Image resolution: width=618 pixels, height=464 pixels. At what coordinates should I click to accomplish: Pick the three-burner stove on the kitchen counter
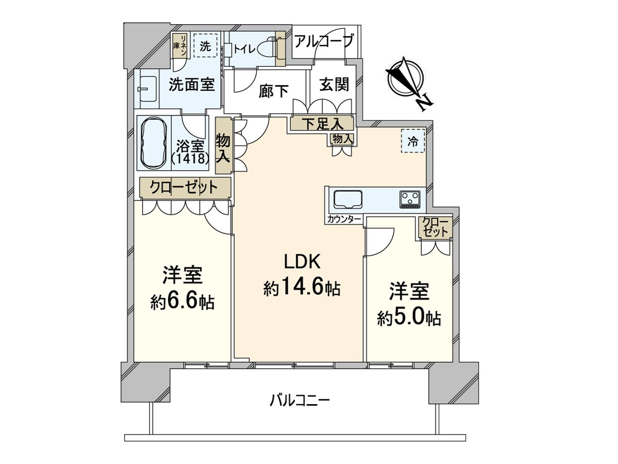410,199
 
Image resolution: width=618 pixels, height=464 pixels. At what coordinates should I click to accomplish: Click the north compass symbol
407,82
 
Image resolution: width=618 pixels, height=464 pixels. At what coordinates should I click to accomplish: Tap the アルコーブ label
324,41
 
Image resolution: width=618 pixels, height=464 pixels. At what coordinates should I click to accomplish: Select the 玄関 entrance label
334,84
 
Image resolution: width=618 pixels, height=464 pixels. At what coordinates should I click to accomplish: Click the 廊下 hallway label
273,91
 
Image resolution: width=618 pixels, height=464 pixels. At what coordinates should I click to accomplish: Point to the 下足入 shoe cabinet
321,124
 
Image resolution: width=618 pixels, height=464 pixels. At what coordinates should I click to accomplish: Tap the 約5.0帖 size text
409,318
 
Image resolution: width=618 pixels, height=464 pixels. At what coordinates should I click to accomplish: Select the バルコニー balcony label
299,400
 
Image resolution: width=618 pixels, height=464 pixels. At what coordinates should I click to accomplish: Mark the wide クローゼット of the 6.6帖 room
184,188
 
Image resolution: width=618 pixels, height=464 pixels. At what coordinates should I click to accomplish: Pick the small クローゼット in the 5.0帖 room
435,227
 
